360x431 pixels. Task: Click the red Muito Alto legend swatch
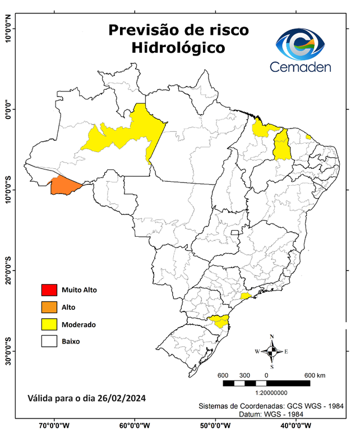pyautogui.click(x=49, y=290)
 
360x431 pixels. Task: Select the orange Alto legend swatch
pyautogui.click(x=49, y=307)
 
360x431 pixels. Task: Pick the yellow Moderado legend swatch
pyautogui.click(x=49, y=324)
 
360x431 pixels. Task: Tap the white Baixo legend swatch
pyautogui.click(x=49, y=341)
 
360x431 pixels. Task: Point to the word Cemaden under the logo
pyautogui.click(x=300, y=67)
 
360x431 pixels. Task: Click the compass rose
pyautogui.click(x=272, y=351)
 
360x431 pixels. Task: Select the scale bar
pyautogui.click(x=266, y=383)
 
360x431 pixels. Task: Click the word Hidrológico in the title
pyautogui.click(x=178, y=48)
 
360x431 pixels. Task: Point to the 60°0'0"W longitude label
pyautogui.click(x=135, y=425)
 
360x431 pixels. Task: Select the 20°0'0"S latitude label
pyautogui.click(x=8, y=270)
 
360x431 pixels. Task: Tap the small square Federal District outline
pyautogui.click(x=236, y=232)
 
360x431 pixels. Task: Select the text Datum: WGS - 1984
pyautogui.click(x=268, y=414)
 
